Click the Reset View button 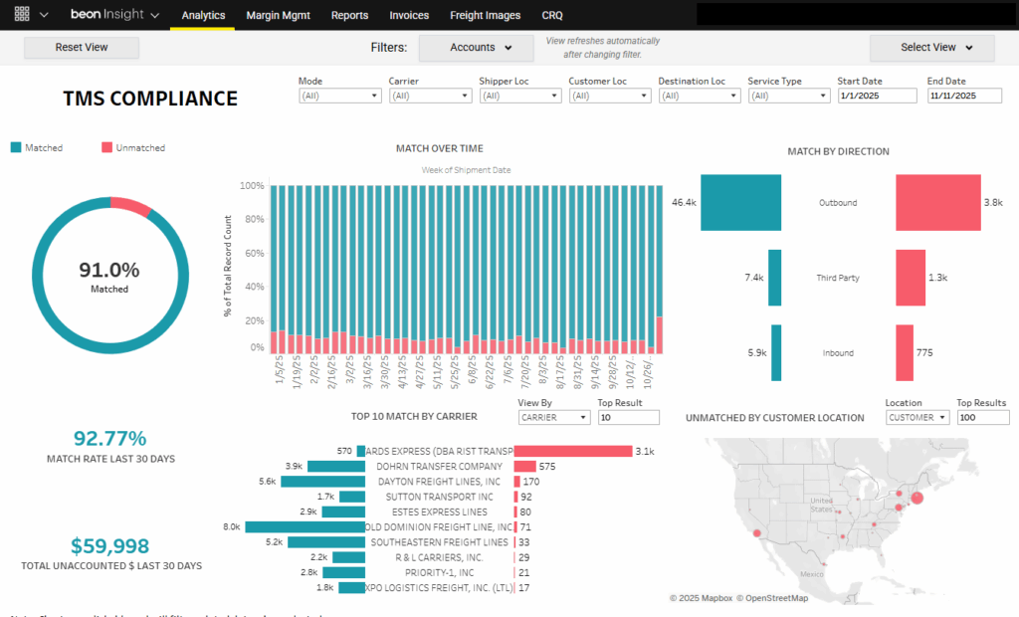(x=82, y=48)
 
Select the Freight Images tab (x=485, y=15)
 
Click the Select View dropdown (x=933, y=48)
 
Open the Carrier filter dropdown (x=430, y=96)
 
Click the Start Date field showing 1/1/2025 (x=876, y=96)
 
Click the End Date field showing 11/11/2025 (x=965, y=96)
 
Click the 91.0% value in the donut (x=109, y=270)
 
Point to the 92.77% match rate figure (x=109, y=439)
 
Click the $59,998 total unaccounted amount (x=109, y=546)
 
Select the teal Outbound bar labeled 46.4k (x=740, y=202)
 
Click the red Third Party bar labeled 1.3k (x=911, y=278)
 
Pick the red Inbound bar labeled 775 (x=905, y=352)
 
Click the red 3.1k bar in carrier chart (x=572, y=451)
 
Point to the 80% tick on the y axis (x=253, y=220)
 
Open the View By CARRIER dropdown (x=552, y=418)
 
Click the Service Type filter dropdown (x=789, y=96)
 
